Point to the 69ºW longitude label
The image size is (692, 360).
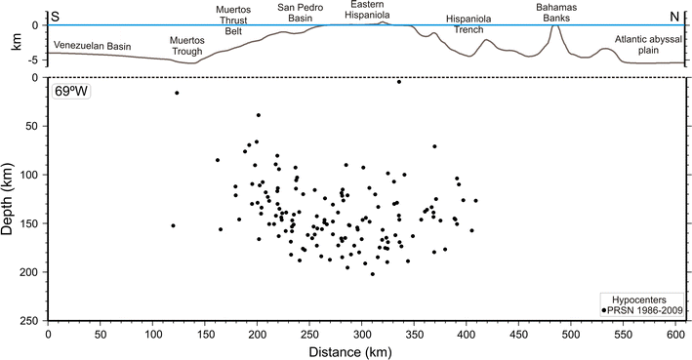pos(71,93)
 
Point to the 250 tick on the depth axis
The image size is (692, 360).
pos(32,320)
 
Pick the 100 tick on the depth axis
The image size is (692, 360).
pos(32,175)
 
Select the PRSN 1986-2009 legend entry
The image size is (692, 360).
pos(645,310)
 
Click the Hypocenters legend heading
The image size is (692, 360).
pos(644,298)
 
